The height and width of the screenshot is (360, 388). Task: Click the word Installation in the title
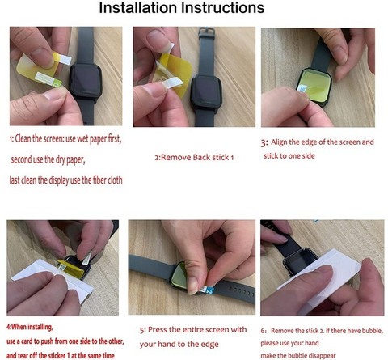click(138, 7)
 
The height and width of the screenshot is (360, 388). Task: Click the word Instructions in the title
click(223, 7)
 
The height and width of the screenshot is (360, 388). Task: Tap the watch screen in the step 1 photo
click(86, 79)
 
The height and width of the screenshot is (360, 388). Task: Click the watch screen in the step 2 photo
click(207, 91)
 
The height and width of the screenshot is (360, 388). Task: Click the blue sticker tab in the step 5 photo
click(209, 290)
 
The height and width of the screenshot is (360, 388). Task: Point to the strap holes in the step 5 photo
click(241, 290)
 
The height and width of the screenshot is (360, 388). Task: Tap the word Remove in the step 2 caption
click(176, 157)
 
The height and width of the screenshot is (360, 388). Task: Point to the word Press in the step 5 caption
click(158, 329)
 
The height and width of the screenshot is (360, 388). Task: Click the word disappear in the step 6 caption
click(322, 355)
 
